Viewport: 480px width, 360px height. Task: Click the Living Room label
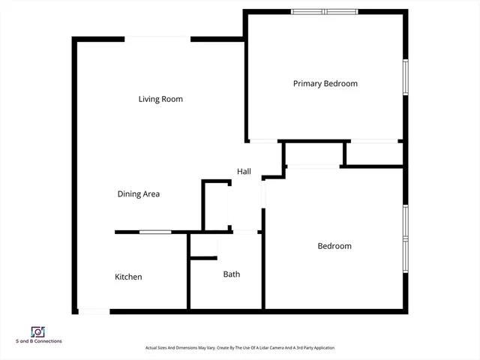pyautogui.click(x=160, y=99)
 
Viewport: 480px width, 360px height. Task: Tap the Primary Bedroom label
pyautogui.click(x=325, y=83)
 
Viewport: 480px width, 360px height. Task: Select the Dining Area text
pyautogui.click(x=138, y=194)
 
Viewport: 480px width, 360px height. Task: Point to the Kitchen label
pyautogui.click(x=128, y=277)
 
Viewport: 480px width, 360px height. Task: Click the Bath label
pyautogui.click(x=232, y=274)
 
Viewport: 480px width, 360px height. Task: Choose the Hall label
pyautogui.click(x=244, y=172)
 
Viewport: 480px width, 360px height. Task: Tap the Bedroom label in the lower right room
pyautogui.click(x=334, y=246)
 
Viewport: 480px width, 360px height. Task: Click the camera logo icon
pyautogui.click(x=38, y=331)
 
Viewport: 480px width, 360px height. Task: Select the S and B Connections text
pyautogui.click(x=39, y=341)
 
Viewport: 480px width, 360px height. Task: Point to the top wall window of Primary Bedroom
pyautogui.click(x=325, y=11)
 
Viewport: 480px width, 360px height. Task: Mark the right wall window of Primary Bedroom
pyautogui.click(x=405, y=76)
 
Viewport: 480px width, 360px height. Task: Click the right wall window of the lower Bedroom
pyautogui.click(x=405, y=233)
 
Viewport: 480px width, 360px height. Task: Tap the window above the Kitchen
pyautogui.click(x=154, y=232)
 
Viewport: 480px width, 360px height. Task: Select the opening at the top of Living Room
pyautogui.click(x=157, y=38)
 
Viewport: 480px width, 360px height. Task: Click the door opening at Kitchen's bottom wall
pyautogui.click(x=94, y=310)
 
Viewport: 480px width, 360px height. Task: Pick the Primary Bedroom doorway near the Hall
pyautogui.click(x=263, y=141)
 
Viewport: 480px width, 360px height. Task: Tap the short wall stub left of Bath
pyautogui.click(x=203, y=258)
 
